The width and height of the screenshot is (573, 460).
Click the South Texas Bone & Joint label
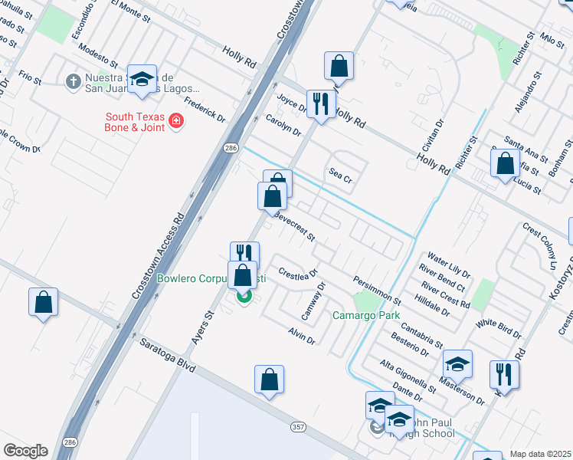point(135,123)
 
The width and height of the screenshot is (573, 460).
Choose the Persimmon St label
point(377,289)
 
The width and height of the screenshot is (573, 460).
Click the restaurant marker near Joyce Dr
point(321,103)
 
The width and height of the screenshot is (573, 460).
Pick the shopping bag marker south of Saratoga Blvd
point(269,379)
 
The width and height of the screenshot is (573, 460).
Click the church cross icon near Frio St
point(73,80)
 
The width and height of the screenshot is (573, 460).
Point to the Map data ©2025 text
point(539,454)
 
